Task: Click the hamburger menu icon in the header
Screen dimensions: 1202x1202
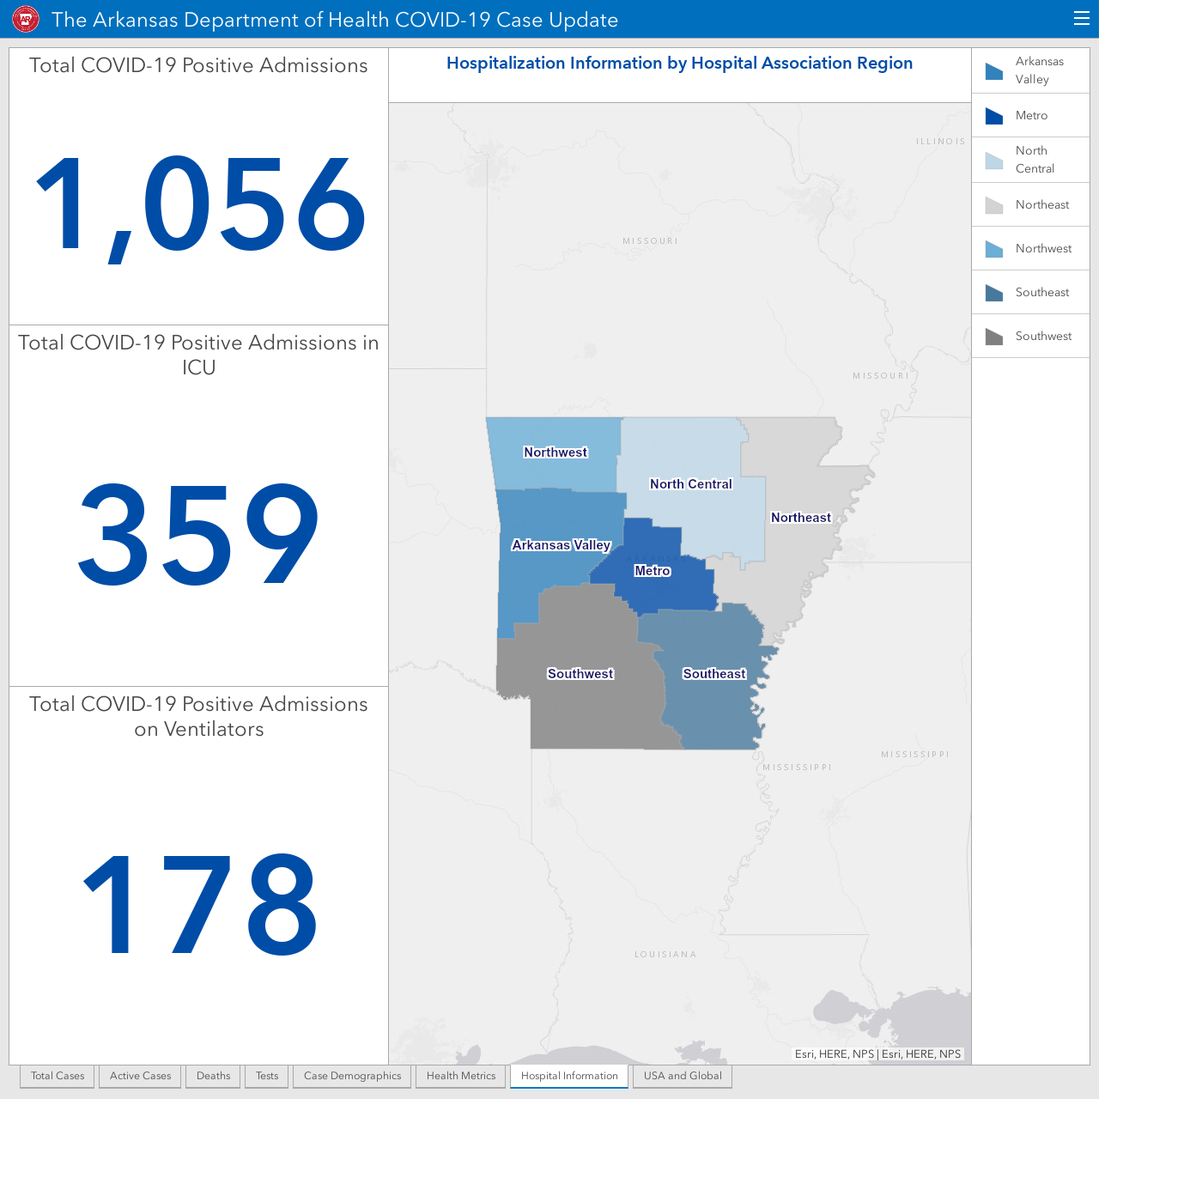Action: tap(1081, 19)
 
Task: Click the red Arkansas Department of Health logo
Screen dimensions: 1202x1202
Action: tap(26, 20)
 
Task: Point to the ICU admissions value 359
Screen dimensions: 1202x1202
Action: tap(198, 534)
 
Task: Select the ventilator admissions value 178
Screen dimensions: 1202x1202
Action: tap(199, 904)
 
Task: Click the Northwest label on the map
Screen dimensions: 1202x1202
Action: tap(555, 452)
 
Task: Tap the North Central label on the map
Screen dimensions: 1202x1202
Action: tap(690, 484)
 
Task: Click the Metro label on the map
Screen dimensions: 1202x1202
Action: tap(652, 571)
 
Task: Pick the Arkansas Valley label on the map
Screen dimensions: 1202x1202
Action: tap(561, 545)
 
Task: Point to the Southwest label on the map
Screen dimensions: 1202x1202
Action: tap(580, 674)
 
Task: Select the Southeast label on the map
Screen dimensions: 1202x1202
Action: tap(714, 674)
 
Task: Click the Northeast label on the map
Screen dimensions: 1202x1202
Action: tap(800, 518)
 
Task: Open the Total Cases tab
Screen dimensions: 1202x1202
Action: tap(58, 1076)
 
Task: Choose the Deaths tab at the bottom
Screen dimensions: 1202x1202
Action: tap(213, 1076)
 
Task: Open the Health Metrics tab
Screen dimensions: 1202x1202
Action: tap(461, 1076)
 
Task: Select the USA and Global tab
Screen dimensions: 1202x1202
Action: tap(683, 1076)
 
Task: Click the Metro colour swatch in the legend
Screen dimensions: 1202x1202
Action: tap(993, 116)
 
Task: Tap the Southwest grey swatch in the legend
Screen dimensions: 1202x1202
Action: tap(993, 337)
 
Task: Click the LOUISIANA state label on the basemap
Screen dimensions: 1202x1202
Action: tap(665, 955)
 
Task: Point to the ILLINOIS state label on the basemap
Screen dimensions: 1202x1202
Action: tap(940, 142)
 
